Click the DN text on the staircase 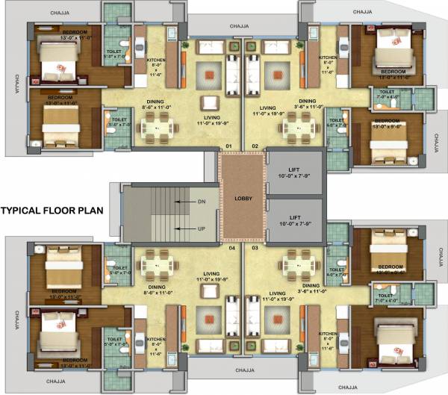[201, 202]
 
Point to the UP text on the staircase [201, 228]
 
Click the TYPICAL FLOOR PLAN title [52, 211]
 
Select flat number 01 [230, 146]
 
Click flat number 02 [255, 146]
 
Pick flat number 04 [231, 246]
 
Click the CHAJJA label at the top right [362, 13]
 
